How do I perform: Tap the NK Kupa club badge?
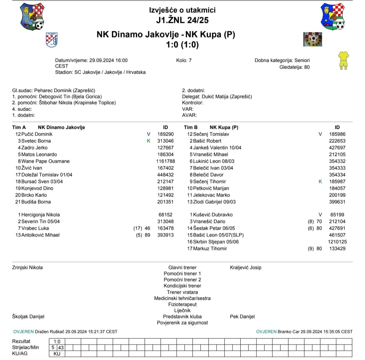pyautogui.click(x=313, y=39)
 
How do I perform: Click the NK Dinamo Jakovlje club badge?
pyautogui.click(x=51, y=40)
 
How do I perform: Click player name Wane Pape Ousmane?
pyautogui.click(x=45, y=161)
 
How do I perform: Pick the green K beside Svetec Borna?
pyautogui.click(x=148, y=141)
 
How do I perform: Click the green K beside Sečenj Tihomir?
pyautogui.click(x=320, y=181)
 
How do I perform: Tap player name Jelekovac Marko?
pyautogui.click(x=211, y=195)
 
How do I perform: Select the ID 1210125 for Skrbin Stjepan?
pyautogui.click(x=337, y=242)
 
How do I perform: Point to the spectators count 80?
pyautogui.click(x=307, y=67)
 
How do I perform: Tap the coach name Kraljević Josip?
pyautogui.click(x=245, y=267)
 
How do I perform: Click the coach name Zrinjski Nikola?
pyautogui.click(x=27, y=267)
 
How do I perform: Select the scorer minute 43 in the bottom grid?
pyautogui.click(x=60, y=347)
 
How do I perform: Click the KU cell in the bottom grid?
pyautogui.click(x=57, y=354)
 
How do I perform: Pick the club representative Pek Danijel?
pyautogui.click(x=242, y=317)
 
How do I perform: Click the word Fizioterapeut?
pyautogui.click(x=182, y=304)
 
